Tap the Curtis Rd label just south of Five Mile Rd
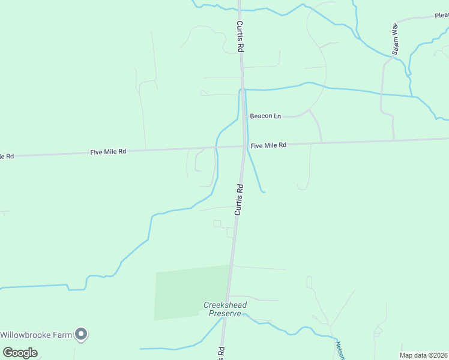pos(239,200)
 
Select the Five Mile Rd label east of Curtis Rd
pos(268,145)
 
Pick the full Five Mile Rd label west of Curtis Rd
pos(108,152)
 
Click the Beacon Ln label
pos(265,116)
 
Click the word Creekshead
pos(224,305)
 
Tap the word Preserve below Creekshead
pos(224,313)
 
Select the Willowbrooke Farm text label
pos(36,335)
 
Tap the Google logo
pos(20,352)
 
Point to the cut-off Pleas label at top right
pos(442,16)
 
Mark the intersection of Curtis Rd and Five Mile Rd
pos(244,146)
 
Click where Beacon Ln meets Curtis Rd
pos(244,116)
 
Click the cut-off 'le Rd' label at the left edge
pos(7,157)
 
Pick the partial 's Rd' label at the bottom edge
pos(221,353)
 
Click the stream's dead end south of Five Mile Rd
pos(264,192)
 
